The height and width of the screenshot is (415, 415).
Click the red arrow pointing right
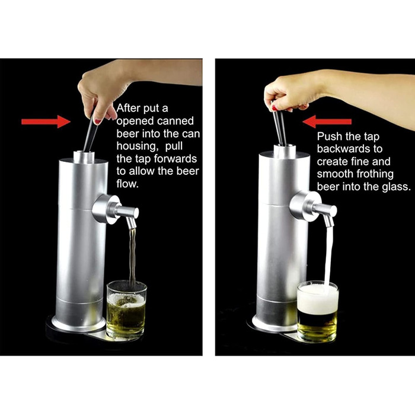[46, 122]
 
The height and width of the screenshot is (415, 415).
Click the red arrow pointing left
[327, 122]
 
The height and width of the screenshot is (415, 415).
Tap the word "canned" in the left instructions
[175, 121]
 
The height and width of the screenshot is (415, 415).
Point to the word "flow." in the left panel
[127, 184]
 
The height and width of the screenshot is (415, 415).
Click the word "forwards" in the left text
[175, 159]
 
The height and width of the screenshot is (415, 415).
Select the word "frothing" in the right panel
[375, 174]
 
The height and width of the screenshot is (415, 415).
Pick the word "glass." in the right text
[397, 187]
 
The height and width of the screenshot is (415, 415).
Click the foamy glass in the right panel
[318, 311]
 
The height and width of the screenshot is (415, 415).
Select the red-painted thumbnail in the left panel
[97, 122]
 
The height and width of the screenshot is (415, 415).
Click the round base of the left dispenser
[78, 324]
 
